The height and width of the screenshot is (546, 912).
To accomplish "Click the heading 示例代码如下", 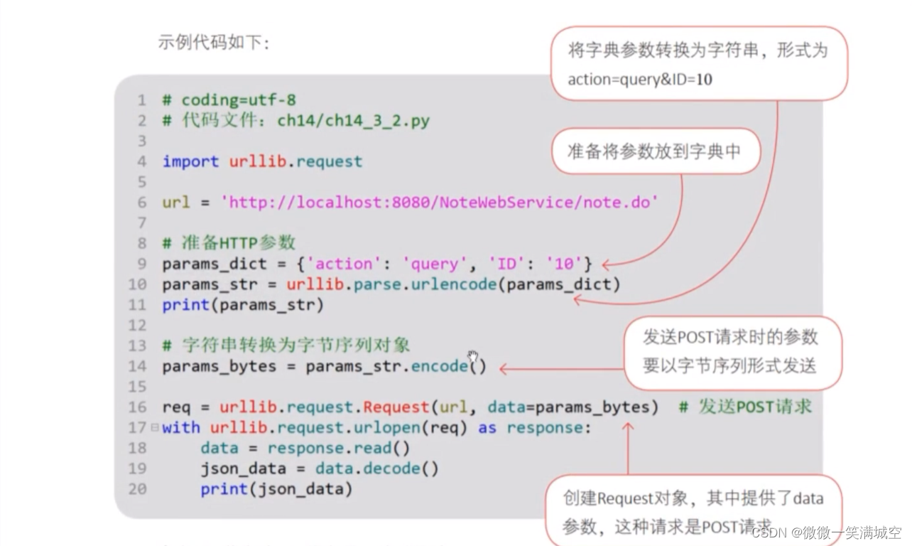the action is pyautogui.click(x=214, y=43).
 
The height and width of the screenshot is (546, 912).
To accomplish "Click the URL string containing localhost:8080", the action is pyautogui.click(x=440, y=203).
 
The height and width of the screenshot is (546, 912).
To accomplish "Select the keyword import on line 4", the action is pyautogui.click(x=190, y=161).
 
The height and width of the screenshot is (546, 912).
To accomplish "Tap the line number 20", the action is pyautogui.click(x=137, y=489).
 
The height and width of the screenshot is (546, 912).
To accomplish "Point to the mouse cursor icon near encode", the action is pyautogui.click(x=473, y=356).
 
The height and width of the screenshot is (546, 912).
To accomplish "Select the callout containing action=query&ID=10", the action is pyautogui.click(x=698, y=65).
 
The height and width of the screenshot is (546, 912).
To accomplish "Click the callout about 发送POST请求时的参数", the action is pyautogui.click(x=731, y=352).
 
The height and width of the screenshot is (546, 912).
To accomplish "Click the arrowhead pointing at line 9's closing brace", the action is pyautogui.click(x=606, y=265).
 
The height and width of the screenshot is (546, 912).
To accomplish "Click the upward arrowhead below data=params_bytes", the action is pyautogui.click(x=628, y=427).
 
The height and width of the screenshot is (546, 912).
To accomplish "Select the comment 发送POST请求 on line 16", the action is pyautogui.click(x=745, y=407).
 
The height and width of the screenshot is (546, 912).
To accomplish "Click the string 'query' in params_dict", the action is pyautogui.click(x=430, y=264).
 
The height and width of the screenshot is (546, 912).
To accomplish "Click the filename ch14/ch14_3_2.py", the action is pyautogui.click(x=353, y=121).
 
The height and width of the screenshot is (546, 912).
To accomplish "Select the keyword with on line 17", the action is pyautogui.click(x=180, y=428).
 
